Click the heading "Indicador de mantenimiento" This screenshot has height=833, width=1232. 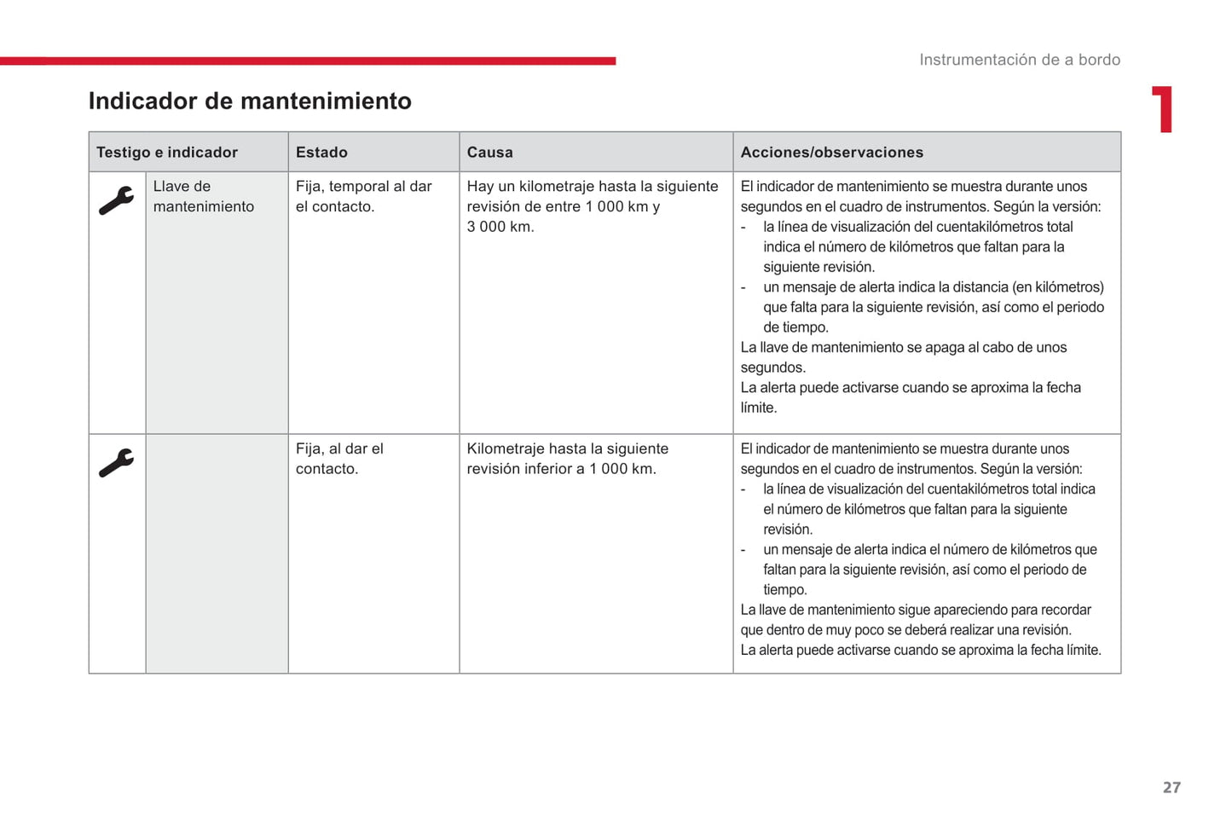[250, 101]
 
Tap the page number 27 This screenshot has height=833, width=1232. [1171, 787]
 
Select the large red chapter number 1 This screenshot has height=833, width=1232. [1163, 110]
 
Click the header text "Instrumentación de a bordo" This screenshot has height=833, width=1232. [1019, 60]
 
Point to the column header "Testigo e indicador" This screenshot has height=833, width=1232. [167, 153]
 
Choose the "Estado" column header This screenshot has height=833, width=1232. [321, 153]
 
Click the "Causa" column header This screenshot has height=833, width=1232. [489, 153]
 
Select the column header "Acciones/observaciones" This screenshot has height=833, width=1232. [831, 153]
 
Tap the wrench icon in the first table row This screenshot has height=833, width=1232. [117, 201]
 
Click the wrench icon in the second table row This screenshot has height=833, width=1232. [117, 463]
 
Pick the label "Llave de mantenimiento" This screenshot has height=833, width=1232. [203, 196]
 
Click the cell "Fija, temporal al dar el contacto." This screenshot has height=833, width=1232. [363, 196]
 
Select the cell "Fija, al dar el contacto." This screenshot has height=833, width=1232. [339, 459]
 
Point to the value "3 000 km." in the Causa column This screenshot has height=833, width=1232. [500, 227]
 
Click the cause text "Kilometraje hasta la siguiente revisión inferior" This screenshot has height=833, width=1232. [567, 459]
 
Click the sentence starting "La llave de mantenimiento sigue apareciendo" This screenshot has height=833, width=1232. [915, 610]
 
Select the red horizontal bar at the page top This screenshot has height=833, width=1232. [307, 61]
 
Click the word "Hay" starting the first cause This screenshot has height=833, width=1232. [480, 187]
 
